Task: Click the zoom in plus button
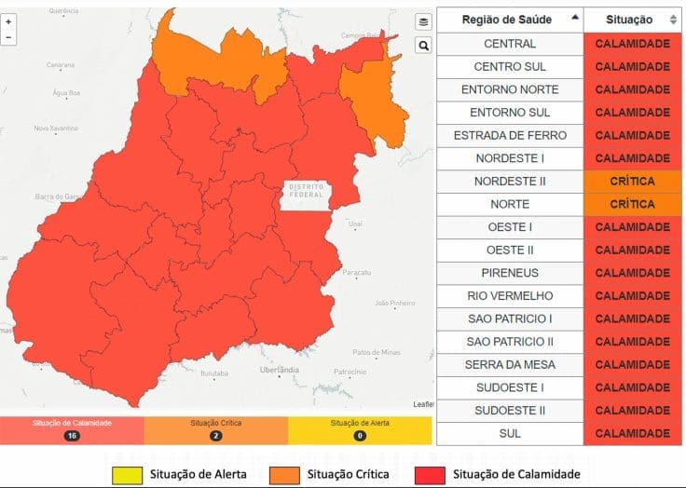click(x=8, y=21)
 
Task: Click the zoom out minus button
click(x=8, y=37)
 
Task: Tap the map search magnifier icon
click(x=423, y=45)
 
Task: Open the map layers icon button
click(x=423, y=21)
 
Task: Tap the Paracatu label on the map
click(x=356, y=273)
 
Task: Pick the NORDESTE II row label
click(x=510, y=181)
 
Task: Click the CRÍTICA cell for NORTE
click(x=632, y=204)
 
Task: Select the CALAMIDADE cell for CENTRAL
click(x=632, y=44)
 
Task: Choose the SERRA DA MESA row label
click(x=510, y=364)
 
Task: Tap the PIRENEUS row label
click(x=510, y=273)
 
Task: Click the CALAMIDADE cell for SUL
click(x=632, y=433)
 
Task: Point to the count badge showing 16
click(x=72, y=435)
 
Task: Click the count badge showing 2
click(x=215, y=435)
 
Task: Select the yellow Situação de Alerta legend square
click(x=127, y=474)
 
